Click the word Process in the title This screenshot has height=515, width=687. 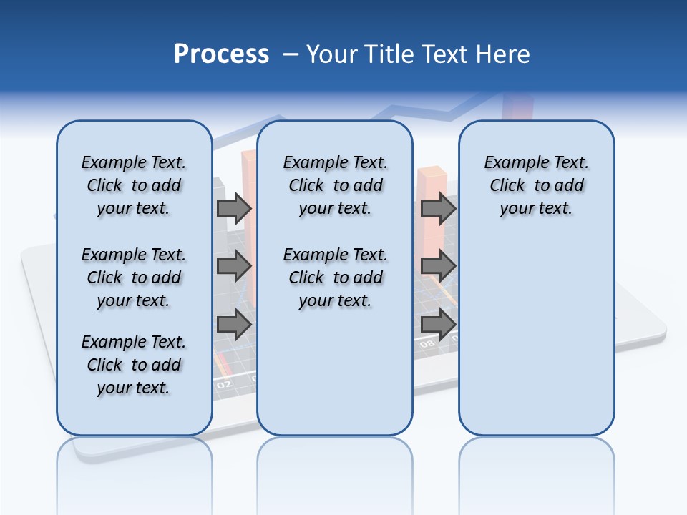221,54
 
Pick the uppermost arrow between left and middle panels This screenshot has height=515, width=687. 234,209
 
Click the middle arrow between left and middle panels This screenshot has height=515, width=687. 234,266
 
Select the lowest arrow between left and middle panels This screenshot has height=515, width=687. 234,325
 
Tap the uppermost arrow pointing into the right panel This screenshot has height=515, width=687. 438,209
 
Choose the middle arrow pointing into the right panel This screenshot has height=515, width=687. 438,266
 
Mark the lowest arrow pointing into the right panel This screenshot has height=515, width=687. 438,325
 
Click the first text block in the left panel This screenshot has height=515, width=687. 134,185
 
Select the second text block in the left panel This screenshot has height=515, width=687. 134,278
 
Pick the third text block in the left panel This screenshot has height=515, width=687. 134,365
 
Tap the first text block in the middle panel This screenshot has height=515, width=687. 335,185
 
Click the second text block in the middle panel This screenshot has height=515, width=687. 335,278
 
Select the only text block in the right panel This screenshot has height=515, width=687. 536,185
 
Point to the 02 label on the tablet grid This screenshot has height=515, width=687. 224,384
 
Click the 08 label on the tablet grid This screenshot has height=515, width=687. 427,344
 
